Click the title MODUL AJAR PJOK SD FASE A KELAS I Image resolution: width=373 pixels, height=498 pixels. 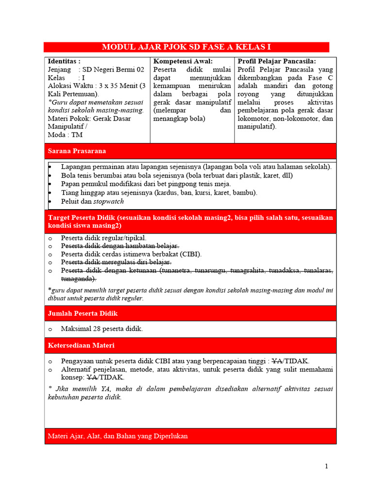point(186,47)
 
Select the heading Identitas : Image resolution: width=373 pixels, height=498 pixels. point(64,61)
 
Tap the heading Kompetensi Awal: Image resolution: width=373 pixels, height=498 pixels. point(183,61)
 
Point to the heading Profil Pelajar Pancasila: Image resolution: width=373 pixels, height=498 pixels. point(277,61)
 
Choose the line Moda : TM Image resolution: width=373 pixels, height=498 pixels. point(65,135)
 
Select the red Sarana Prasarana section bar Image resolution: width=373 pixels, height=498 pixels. point(190,151)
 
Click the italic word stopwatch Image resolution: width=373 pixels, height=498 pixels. point(108,201)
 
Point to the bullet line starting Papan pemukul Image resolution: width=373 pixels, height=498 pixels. point(146,184)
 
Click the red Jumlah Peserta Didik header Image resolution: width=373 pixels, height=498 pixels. point(190,314)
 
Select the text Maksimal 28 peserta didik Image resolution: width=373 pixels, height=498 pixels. point(102,329)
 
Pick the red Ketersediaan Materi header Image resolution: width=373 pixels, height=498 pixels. point(190,345)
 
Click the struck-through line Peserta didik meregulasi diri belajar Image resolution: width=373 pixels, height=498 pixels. point(116,262)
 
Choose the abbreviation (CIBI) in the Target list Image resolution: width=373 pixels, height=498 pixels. point(190,254)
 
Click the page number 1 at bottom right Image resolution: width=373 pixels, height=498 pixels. point(327,466)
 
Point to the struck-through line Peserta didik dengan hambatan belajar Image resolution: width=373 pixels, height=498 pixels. point(120,246)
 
